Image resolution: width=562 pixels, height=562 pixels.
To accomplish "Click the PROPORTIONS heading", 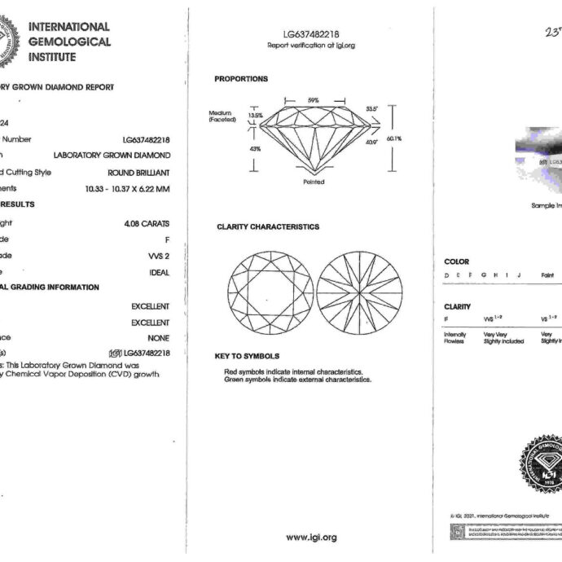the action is pos(241,79).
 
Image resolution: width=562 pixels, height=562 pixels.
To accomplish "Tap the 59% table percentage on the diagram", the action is pos(313,99).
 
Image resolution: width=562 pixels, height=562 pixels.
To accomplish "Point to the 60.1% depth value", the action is pos(394,138).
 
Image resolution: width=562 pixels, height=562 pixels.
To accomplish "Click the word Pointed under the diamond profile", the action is pos(313,182).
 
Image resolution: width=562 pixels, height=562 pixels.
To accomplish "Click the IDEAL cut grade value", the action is pos(159,273).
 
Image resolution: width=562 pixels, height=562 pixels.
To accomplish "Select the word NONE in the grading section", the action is pos(158,338).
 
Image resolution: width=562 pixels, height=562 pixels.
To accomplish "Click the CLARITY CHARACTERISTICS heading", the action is pos(268,226).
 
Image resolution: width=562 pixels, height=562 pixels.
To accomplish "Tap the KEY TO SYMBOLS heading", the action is pos(247,357).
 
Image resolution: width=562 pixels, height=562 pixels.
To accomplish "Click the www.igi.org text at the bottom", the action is pos(311,538).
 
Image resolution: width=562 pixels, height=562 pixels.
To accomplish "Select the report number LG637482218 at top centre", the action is pos(311,34).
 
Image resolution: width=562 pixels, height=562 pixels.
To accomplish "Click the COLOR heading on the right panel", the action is pos(456,262).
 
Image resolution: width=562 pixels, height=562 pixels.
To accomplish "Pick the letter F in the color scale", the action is pos(470,275).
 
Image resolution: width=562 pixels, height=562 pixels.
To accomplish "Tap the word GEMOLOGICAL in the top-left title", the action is pos(69,42).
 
